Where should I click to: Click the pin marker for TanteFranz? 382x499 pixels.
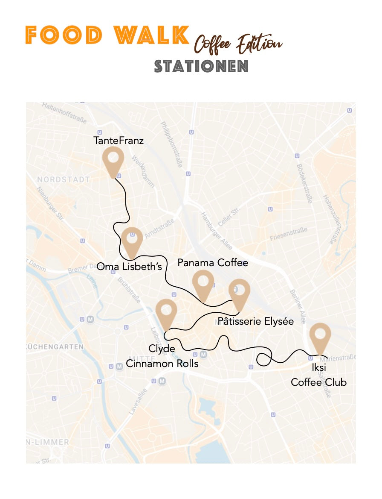113,159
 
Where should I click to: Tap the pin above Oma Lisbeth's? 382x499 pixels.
132,240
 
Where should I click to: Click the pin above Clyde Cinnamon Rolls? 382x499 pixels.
166,312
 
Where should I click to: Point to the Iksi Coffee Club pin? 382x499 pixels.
320,337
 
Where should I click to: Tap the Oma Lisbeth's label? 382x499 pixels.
130,267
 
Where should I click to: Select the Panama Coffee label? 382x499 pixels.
213,262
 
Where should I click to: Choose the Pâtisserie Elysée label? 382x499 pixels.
255,321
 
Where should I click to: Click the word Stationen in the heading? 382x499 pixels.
201,66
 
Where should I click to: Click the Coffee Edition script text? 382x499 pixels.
238,43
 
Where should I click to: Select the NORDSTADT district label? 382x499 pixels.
64,179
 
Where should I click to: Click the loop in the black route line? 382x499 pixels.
265,359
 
